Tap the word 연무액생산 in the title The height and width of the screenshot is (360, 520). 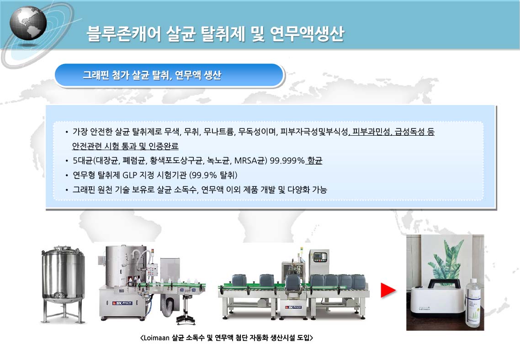pyautogui.click(x=307, y=34)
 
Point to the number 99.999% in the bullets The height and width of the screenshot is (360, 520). pyautogui.click(x=287, y=161)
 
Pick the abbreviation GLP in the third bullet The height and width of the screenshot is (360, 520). pyautogui.click(x=130, y=175)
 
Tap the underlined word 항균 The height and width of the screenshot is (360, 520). pyautogui.click(x=315, y=161)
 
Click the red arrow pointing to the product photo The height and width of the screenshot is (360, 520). pyautogui.click(x=388, y=290)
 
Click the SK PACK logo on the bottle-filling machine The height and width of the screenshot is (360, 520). pyautogui.click(x=122, y=303)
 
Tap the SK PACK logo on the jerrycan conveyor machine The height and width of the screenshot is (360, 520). pyautogui.click(x=294, y=307)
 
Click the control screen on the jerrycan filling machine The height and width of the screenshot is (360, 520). pyautogui.click(x=320, y=257)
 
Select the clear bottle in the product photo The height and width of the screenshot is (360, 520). pyautogui.click(x=473, y=303)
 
